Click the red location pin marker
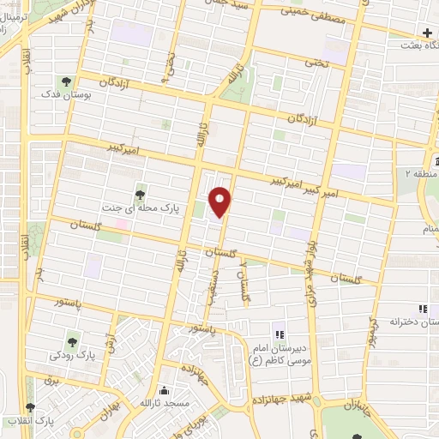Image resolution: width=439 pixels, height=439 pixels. point(221,201)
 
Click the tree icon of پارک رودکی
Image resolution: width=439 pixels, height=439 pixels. point(73,337)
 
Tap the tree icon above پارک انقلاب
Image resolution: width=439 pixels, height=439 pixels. point(31,408)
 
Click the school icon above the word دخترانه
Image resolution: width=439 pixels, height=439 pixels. point(422,309)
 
